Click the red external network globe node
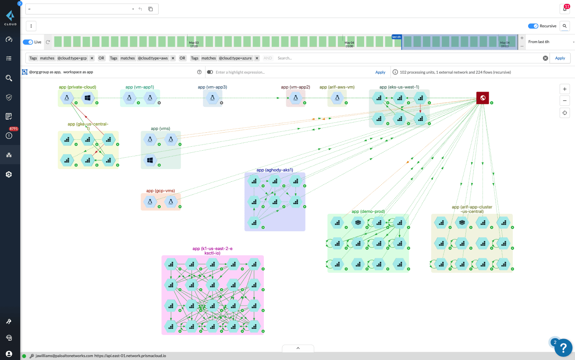[x=483, y=98]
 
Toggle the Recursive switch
[x=533, y=26]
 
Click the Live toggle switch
[x=28, y=42]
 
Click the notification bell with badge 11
[x=564, y=9]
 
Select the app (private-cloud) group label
[x=78, y=87]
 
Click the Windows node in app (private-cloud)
[x=88, y=98]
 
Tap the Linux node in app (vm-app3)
[x=212, y=98]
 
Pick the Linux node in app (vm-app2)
[x=295, y=98]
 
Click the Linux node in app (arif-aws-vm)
[x=337, y=98]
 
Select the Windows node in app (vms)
[x=150, y=160]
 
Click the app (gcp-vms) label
[x=160, y=191]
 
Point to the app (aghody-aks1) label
[x=275, y=170]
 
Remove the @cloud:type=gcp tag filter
[x=92, y=58]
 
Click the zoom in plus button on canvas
[x=565, y=89]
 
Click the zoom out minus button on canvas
[x=565, y=101]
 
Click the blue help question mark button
[x=563, y=348]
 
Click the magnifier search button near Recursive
[x=564, y=26]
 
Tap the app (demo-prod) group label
[x=368, y=212]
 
